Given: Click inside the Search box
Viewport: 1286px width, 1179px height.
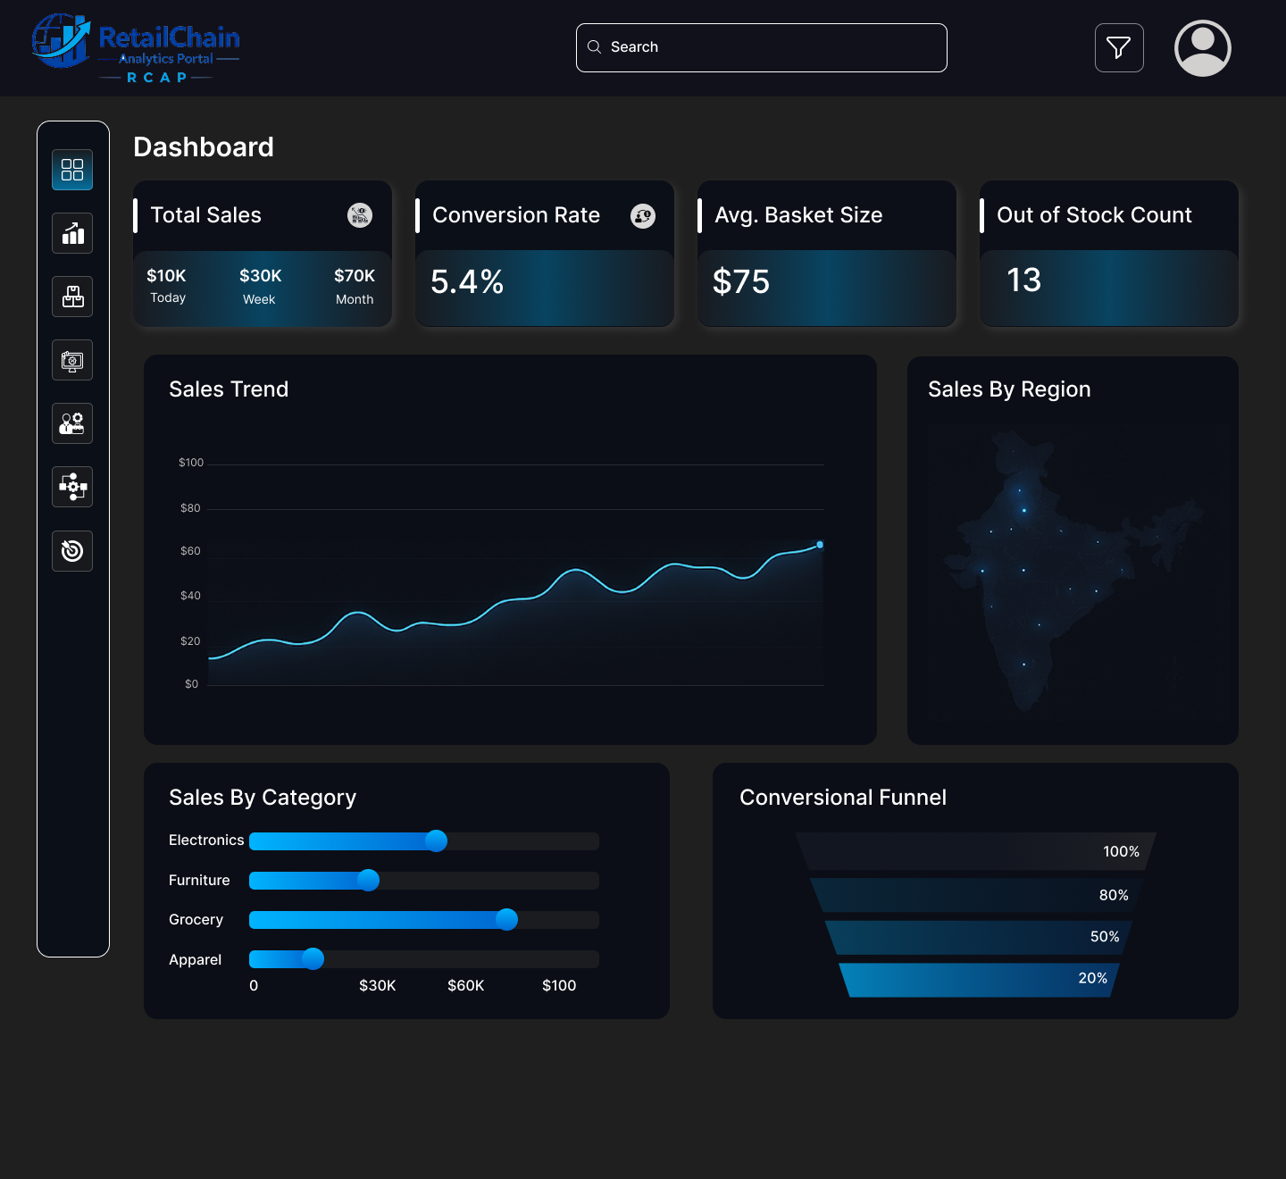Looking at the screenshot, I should pyautogui.click(x=761, y=47).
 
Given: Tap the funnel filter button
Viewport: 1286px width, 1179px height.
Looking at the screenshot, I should pyautogui.click(x=1119, y=47).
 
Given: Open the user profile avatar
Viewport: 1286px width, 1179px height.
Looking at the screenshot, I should pyautogui.click(x=1202, y=48).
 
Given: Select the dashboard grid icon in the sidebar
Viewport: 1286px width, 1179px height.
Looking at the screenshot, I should pyautogui.click(x=72, y=170).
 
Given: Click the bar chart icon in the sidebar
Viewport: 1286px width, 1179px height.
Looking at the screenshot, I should pyautogui.click(x=72, y=233).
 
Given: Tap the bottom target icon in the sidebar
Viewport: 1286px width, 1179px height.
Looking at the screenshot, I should pyautogui.click(x=72, y=550).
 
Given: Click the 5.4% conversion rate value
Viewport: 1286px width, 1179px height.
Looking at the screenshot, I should pyautogui.click(x=467, y=282).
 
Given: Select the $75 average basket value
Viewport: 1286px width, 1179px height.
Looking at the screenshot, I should pyautogui.click(x=741, y=282).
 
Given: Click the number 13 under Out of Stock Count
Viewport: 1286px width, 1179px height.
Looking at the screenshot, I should pyautogui.click(x=1023, y=280).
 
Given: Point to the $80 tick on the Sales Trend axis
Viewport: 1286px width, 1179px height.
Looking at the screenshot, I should pyautogui.click(x=190, y=508).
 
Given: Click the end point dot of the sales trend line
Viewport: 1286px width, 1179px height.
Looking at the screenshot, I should pyautogui.click(x=820, y=545).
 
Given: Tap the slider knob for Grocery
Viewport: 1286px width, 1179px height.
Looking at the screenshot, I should pyautogui.click(x=506, y=919).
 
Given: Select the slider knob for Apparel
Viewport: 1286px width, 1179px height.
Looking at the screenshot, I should pyautogui.click(x=313, y=958).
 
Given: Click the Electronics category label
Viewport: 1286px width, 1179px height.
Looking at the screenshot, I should pyautogui.click(x=206, y=840).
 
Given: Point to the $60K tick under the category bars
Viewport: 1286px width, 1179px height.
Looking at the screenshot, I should pyautogui.click(x=465, y=985).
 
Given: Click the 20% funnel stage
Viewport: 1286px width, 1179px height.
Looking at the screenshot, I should pyautogui.click(x=978, y=980).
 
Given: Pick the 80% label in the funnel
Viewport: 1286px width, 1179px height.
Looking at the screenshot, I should pyautogui.click(x=1113, y=895).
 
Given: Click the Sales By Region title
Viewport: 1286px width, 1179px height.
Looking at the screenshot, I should pyautogui.click(x=1009, y=389).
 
